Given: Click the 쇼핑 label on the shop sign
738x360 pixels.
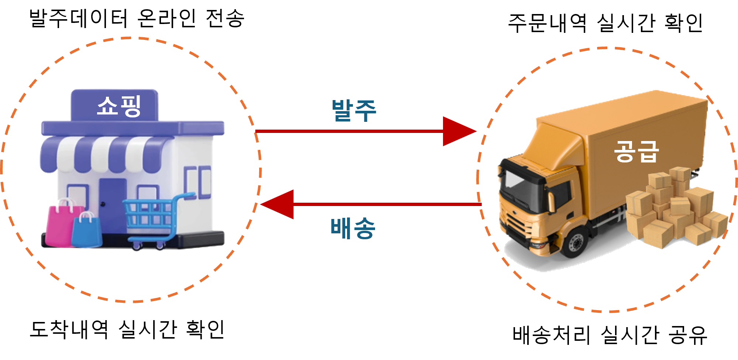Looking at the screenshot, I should click(x=119, y=106).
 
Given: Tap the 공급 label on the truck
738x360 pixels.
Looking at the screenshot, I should click(x=636, y=151).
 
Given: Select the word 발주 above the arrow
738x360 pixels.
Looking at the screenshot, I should click(x=354, y=110).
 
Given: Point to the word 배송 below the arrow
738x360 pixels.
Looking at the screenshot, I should click(x=353, y=228).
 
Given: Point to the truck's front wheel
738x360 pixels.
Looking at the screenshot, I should click(x=575, y=242).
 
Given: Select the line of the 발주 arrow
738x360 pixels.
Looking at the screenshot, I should click(x=347, y=131).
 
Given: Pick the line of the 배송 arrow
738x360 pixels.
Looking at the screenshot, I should click(x=388, y=204).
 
